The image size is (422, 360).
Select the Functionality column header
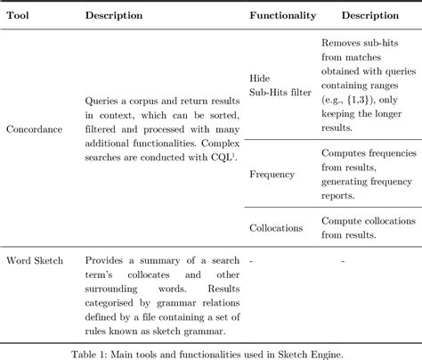280,16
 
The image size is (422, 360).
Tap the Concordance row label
33,129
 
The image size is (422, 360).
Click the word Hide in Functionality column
260,78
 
